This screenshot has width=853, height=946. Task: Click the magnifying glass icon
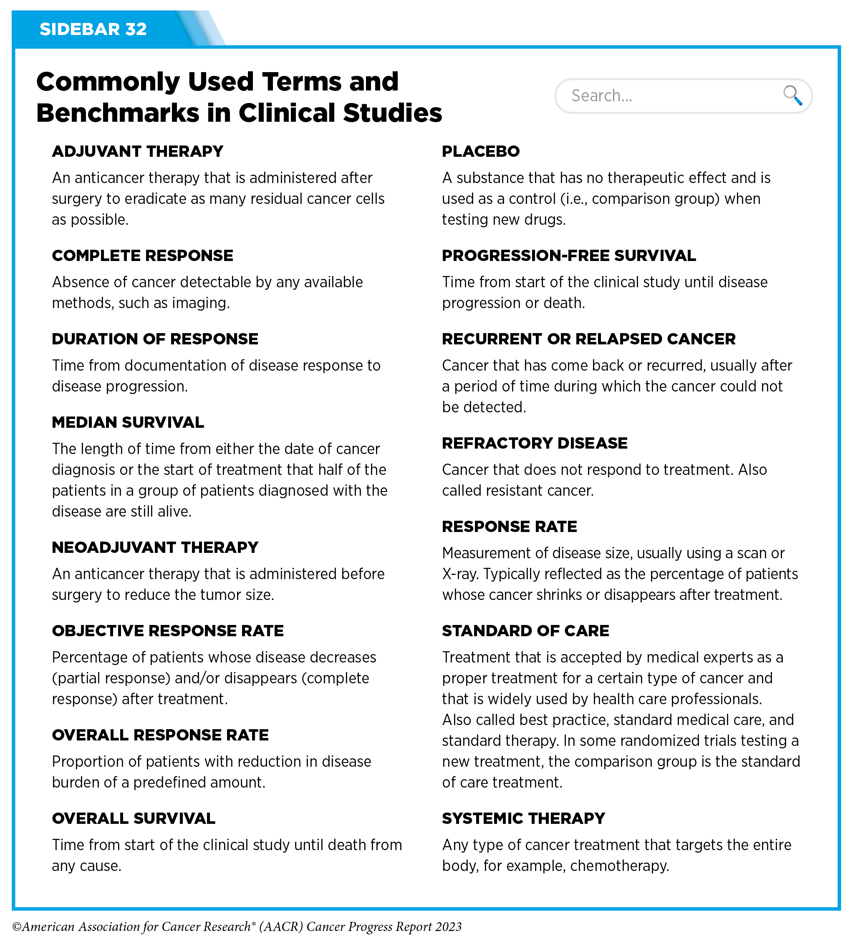pyautogui.click(x=792, y=95)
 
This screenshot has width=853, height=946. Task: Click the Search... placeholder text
pyautogui.click(x=602, y=96)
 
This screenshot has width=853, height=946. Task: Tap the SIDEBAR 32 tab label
pyautogui.click(x=93, y=29)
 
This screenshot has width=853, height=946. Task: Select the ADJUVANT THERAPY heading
pyautogui.click(x=137, y=152)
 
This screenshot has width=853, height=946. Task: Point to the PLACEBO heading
pyautogui.click(x=480, y=152)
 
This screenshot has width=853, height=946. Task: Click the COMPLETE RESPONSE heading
pyautogui.click(x=142, y=256)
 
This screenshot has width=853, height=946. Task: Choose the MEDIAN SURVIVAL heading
pyautogui.click(x=128, y=422)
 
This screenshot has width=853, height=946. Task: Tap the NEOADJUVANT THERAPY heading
pyautogui.click(x=155, y=547)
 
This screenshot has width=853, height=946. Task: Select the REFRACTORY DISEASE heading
pyautogui.click(x=534, y=444)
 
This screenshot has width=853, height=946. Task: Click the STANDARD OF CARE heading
pyautogui.click(x=525, y=631)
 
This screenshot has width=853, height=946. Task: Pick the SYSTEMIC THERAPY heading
pyautogui.click(x=523, y=818)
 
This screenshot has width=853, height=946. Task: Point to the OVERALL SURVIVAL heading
pyautogui.click(x=134, y=818)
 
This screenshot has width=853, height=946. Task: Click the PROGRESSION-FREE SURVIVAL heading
pyautogui.click(x=569, y=256)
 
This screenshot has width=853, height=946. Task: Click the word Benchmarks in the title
pyautogui.click(x=117, y=113)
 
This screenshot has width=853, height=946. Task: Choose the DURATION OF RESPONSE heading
pyautogui.click(x=155, y=339)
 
